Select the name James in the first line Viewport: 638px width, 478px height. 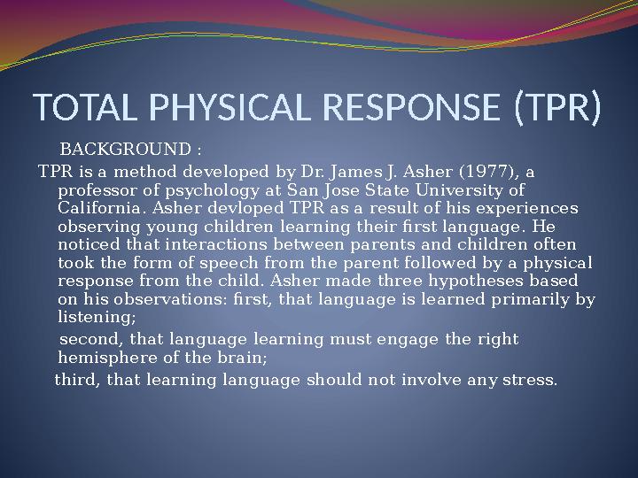click(x=350, y=171)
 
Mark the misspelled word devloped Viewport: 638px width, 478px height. click(x=246, y=209)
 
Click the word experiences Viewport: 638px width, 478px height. click(x=529, y=209)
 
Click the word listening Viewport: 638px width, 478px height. click(x=96, y=316)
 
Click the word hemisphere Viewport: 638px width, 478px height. click(x=105, y=358)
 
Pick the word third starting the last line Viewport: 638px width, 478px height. click(x=74, y=381)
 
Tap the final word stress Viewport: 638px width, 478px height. click(x=535, y=381)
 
